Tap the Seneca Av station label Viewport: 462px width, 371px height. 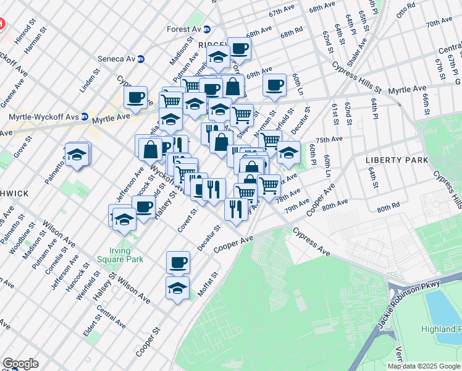coord(117,59)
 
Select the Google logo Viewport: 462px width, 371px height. coord(20,364)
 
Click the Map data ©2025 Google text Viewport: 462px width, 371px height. coord(424,366)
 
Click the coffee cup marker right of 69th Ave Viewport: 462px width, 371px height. coord(274,85)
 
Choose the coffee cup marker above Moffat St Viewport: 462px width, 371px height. coord(178,262)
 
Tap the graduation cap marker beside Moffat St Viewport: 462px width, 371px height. coord(177,288)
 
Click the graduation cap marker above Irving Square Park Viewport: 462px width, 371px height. coord(124,219)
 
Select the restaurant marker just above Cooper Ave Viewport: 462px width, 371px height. coord(235,209)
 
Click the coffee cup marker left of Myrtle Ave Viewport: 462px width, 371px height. coord(135,97)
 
